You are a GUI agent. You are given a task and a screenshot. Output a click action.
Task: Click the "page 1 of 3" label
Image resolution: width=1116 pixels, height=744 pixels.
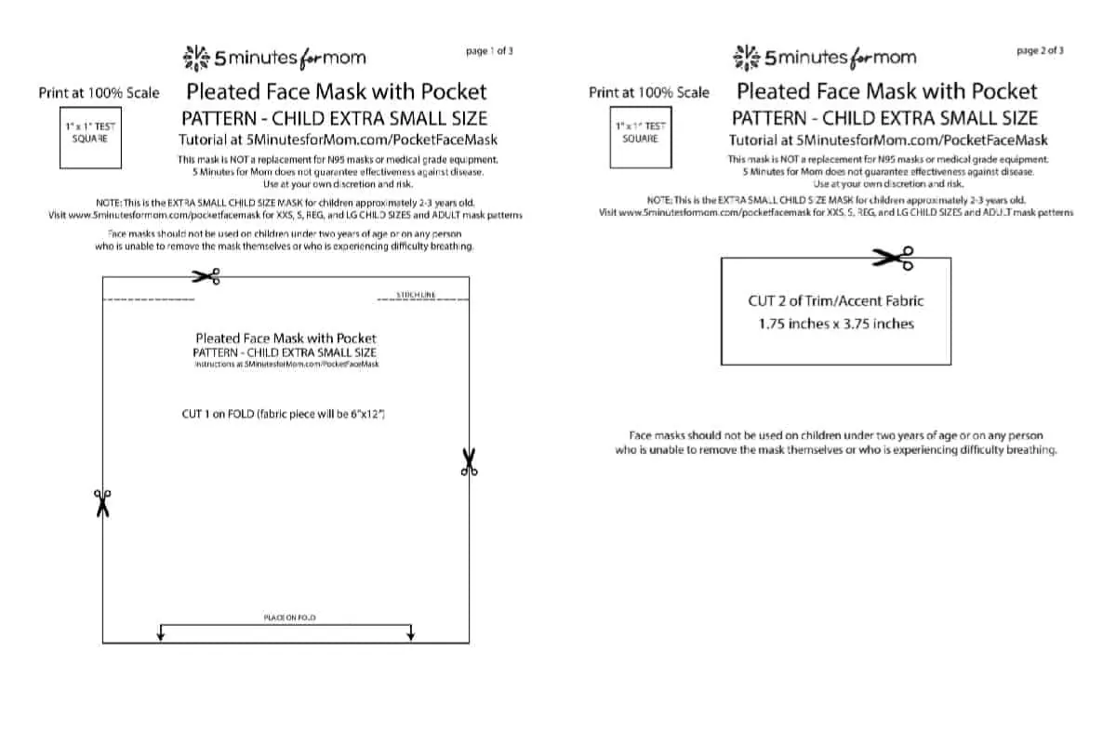tap(490, 52)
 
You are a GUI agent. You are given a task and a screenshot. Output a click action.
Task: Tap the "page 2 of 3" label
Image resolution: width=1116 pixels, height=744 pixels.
tap(1041, 51)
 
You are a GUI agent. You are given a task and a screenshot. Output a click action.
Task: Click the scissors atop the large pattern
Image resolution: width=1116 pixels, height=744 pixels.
tap(206, 276)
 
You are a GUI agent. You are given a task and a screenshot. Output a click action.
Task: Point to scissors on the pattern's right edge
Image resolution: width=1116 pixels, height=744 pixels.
tap(469, 462)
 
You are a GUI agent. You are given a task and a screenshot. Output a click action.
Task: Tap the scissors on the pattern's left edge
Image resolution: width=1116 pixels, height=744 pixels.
tap(101, 503)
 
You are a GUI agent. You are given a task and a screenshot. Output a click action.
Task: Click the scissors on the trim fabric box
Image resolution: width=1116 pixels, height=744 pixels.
tap(893, 257)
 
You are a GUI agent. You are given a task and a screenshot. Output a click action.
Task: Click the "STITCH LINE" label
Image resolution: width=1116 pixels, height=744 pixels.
tap(416, 296)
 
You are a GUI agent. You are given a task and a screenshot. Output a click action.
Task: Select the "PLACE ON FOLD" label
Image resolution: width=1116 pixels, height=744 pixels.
tap(286, 618)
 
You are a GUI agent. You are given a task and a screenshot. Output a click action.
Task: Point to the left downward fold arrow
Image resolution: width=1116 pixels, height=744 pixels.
tap(162, 633)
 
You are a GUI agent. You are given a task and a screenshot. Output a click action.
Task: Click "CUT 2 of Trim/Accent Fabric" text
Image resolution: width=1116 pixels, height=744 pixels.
tap(836, 300)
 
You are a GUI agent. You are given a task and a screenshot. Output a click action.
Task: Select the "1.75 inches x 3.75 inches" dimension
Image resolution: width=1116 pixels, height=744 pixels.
tap(836, 324)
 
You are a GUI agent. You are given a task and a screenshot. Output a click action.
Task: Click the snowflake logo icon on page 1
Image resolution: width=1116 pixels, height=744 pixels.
tap(196, 58)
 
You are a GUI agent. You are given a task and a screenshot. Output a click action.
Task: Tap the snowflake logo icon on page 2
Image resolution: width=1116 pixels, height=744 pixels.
tap(746, 57)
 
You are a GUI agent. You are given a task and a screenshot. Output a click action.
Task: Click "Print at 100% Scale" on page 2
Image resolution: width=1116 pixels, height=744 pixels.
tap(648, 93)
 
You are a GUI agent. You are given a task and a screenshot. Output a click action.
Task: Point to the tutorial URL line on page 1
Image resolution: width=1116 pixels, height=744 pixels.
tap(338, 139)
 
